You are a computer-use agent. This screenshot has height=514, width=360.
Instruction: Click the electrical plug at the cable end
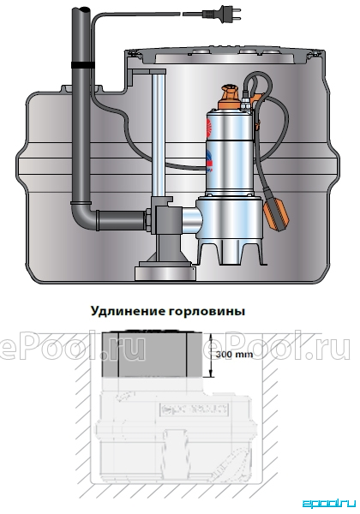[x=222, y=14]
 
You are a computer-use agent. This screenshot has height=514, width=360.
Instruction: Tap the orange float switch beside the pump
[x=275, y=212]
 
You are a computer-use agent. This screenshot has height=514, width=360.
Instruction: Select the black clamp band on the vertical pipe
[x=81, y=65]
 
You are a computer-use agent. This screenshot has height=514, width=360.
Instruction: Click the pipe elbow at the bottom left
[x=82, y=217]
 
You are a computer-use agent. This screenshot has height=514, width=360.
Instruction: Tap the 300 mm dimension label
[x=234, y=354]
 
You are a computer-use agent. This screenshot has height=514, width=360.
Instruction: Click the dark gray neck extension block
[x=152, y=355]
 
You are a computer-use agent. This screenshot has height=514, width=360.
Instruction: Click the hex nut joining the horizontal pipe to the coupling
[x=148, y=221]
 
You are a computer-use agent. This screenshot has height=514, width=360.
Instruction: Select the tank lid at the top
[x=225, y=56]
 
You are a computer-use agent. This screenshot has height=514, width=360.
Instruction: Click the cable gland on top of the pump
[x=244, y=105]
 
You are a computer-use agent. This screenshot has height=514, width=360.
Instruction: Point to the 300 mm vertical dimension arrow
[x=212, y=355]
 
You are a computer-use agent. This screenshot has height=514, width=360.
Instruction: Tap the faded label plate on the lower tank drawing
[x=194, y=409]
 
